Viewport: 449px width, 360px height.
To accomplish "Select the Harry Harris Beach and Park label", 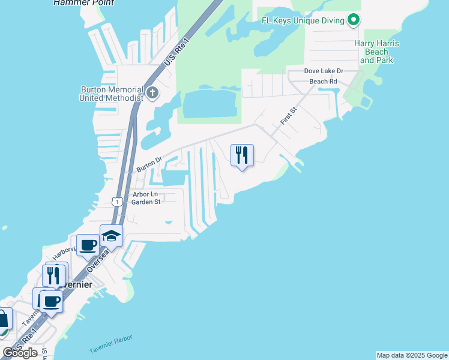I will click(x=377, y=52).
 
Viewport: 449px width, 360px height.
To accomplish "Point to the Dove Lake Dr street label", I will click(x=324, y=71).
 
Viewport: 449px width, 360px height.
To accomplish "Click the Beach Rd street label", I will click(x=323, y=82).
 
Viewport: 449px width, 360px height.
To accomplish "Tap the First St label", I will click(x=289, y=116).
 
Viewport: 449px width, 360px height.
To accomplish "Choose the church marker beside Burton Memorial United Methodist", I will click(x=152, y=93).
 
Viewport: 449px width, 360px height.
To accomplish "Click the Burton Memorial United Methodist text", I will click(x=112, y=94).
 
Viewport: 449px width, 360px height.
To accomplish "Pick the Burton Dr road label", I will click(x=149, y=164).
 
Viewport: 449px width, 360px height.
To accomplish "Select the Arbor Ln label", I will click(x=145, y=194).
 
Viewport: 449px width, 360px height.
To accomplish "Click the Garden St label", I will click(x=146, y=202).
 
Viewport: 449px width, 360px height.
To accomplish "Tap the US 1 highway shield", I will click(x=118, y=202).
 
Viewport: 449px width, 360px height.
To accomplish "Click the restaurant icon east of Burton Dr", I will click(x=242, y=155).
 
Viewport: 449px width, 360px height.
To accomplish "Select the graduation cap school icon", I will click(x=111, y=235).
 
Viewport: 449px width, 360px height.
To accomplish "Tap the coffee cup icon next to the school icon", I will click(x=88, y=245).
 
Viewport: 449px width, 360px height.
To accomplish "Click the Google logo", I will click(x=20, y=352).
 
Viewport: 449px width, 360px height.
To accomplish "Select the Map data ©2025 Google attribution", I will click(x=411, y=355).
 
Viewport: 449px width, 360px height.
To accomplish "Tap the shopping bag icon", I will click(x=3, y=318).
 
